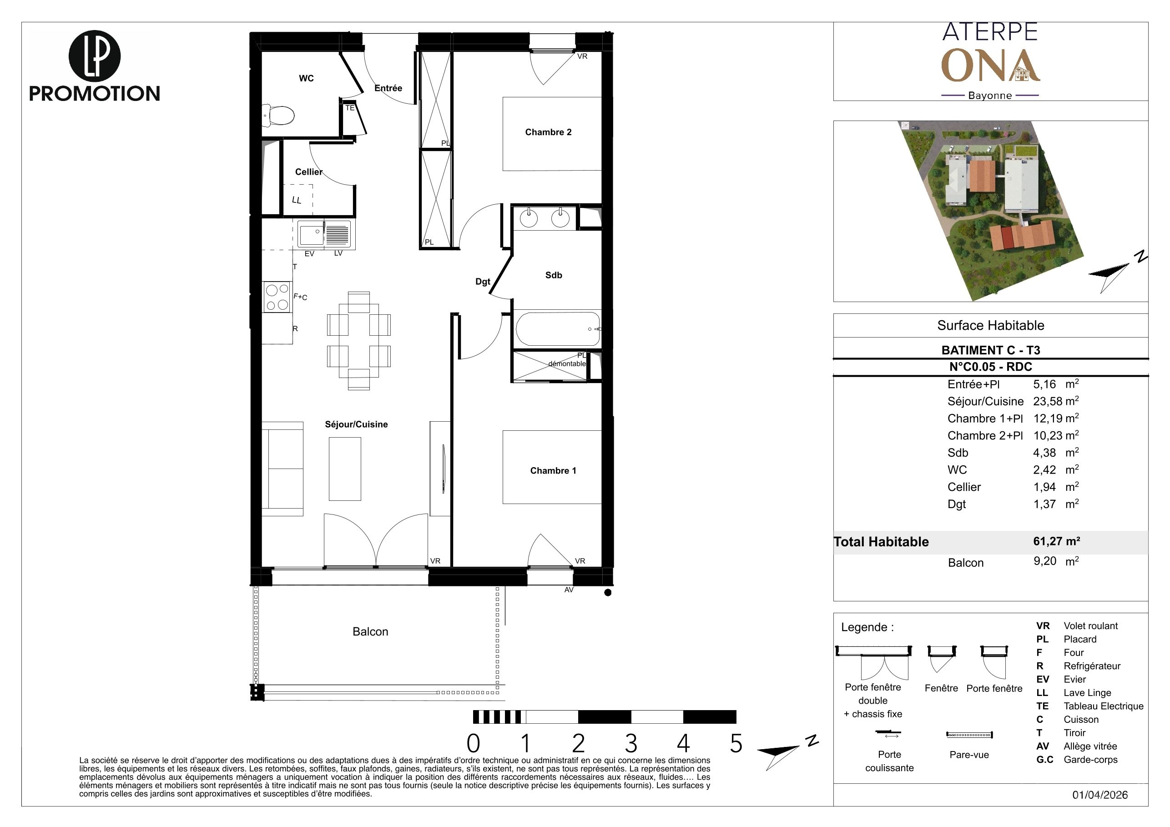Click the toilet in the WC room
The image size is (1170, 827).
(278, 115)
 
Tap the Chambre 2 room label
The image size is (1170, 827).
(548, 132)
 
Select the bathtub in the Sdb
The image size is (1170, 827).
(558, 329)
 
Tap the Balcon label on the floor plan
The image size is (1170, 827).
(370, 632)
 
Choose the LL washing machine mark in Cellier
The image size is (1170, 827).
(297, 200)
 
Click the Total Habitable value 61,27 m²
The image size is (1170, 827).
(1056, 541)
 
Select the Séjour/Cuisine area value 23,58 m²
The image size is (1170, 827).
(1056, 401)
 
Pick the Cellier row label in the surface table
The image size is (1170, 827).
(964, 487)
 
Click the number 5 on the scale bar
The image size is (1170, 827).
(736, 744)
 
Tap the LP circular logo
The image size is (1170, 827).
(94, 56)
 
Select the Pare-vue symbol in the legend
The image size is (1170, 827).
(969, 735)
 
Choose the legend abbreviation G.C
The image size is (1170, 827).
(1044, 760)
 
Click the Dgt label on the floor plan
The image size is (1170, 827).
(483, 282)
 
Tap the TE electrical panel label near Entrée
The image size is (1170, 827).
(349, 108)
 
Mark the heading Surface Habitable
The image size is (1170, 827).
(991, 326)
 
